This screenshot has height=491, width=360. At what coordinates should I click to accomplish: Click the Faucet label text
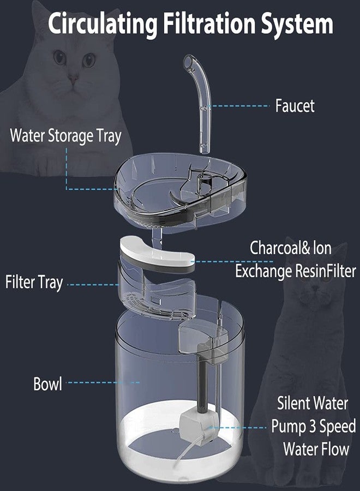(x=295, y=106)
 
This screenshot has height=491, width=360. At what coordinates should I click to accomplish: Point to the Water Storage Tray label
(x=65, y=135)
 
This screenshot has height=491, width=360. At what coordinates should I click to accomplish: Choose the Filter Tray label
(x=34, y=283)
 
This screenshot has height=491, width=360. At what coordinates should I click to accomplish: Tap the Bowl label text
(x=47, y=384)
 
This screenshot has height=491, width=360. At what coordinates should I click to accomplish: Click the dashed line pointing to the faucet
(x=240, y=105)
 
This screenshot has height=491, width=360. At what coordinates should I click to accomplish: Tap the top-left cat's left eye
(x=59, y=57)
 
